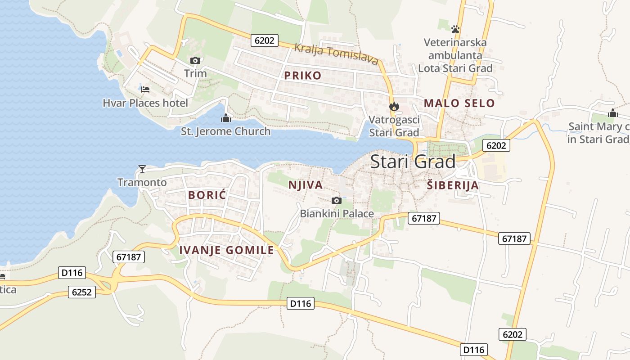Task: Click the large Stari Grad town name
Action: pos(413,162)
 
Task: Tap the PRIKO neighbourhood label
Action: pos(303,76)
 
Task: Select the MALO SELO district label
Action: pos(459,103)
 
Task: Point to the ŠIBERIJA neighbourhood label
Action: pos(452,185)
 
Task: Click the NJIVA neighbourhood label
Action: pos(306,185)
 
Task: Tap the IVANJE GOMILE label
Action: pos(226,251)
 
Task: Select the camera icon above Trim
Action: pos(195,60)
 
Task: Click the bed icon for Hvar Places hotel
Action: pos(145,89)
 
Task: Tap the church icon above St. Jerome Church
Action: pos(225,118)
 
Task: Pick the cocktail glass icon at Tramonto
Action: pos(142,169)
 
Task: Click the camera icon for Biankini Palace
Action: pos(336,200)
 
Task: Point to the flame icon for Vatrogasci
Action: pos(394,107)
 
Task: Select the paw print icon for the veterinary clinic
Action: pos(455,29)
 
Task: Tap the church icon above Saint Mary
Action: pos(612,113)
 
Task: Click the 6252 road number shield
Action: pos(82,292)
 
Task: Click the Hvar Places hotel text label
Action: pos(145,103)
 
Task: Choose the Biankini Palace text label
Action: pos(337,213)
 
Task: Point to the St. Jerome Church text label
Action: pos(225,131)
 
